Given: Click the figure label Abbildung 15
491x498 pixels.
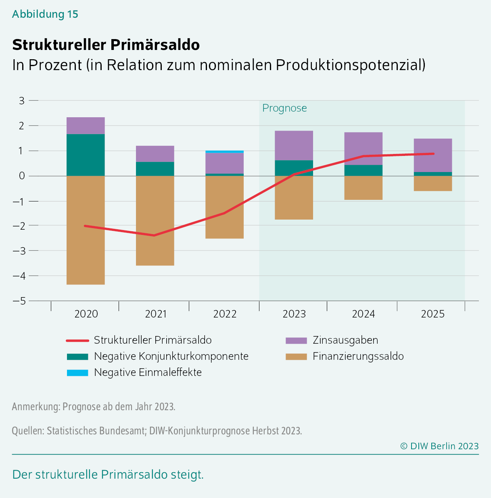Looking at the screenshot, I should click(45, 14).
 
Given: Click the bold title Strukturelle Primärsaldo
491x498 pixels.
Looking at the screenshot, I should click(106, 45).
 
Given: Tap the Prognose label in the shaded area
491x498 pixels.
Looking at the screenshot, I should click(284, 108).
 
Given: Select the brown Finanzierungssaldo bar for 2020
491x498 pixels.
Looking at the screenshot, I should click(86, 230).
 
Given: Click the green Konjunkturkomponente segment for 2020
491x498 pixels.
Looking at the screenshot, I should click(86, 155).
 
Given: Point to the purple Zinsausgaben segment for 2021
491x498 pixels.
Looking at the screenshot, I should click(155, 154).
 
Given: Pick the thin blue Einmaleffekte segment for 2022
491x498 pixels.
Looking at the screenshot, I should click(224, 151).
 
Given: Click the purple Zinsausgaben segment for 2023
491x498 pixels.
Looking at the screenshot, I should click(294, 145).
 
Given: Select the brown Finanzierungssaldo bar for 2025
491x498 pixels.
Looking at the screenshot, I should click(432, 183).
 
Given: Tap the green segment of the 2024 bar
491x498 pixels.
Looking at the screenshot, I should click(363, 170).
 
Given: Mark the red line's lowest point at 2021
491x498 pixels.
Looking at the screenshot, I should click(154, 235).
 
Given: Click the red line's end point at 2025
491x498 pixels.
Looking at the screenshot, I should click(433, 154).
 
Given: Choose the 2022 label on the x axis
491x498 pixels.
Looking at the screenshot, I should click(225, 314).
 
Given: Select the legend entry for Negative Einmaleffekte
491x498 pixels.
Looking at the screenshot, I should click(148, 372).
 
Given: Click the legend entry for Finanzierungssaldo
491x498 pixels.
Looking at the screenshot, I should click(358, 356).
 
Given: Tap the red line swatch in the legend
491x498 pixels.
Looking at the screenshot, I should click(77, 340).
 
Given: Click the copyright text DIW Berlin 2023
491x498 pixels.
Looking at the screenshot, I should click(439, 446).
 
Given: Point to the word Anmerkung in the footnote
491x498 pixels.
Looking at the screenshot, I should click(36, 406).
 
